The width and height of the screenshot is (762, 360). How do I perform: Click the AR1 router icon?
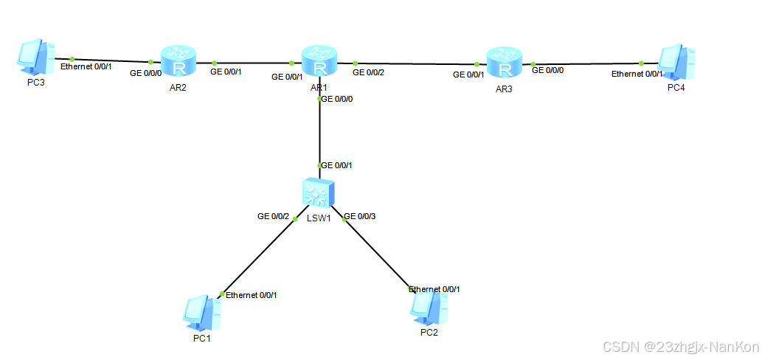(x=319, y=62)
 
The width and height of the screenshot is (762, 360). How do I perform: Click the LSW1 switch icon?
(x=319, y=193)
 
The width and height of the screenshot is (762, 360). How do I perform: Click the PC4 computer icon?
(x=676, y=62)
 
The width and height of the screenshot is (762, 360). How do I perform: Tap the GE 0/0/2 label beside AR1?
(x=369, y=72)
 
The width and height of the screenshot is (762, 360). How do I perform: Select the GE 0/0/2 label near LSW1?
(x=273, y=216)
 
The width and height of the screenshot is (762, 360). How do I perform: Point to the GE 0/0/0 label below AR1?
(x=337, y=99)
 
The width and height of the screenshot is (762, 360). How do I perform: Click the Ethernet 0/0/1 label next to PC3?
(x=86, y=66)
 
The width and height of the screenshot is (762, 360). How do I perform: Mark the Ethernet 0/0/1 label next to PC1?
(x=251, y=295)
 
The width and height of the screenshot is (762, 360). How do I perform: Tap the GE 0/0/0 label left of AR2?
(x=146, y=74)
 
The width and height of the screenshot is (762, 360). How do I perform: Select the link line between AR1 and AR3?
(x=417, y=64)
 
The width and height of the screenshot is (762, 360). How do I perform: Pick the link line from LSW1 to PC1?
(x=258, y=255)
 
